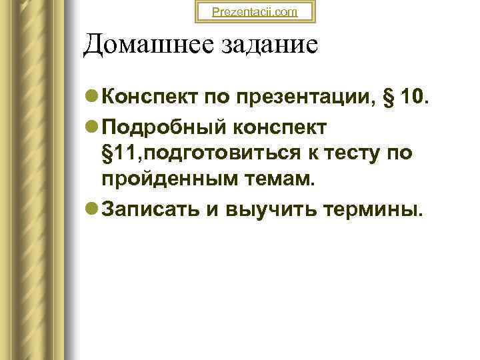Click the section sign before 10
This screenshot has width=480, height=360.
388,99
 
